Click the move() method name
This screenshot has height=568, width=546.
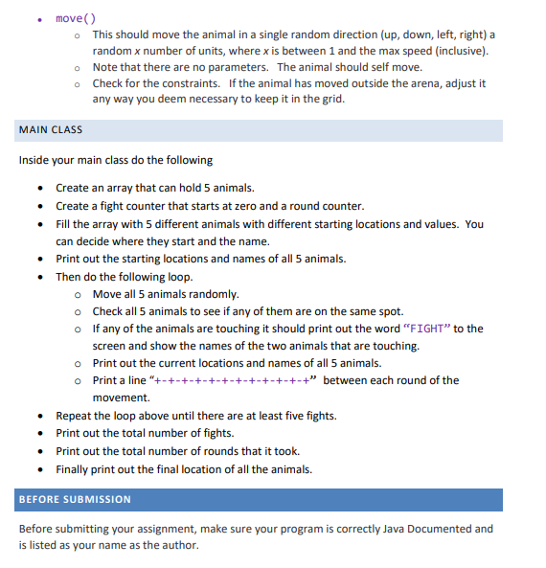[76, 18]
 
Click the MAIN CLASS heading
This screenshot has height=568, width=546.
[51, 129]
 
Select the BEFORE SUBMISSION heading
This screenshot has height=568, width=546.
[76, 499]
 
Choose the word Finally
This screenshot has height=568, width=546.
[74, 468]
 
